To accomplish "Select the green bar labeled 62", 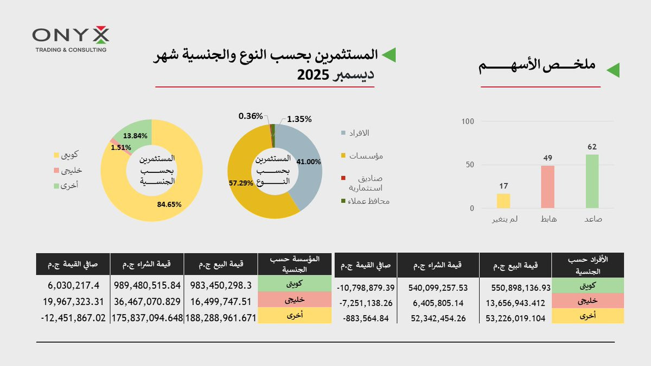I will (x=592, y=181).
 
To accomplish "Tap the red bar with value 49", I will (x=547, y=187).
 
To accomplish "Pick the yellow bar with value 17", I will (x=503, y=201).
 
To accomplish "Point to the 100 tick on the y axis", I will (x=468, y=121).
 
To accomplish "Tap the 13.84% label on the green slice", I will (x=135, y=136).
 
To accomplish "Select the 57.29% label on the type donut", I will (x=241, y=183).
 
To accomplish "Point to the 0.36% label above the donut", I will (x=251, y=116).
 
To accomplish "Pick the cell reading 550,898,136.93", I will (x=515, y=287).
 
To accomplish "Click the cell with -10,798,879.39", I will (x=366, y=287).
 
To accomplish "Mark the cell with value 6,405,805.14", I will (x=438, y=303).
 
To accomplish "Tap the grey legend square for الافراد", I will (x=343, y=133).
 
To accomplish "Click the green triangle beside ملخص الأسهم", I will (x=612, y=70).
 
